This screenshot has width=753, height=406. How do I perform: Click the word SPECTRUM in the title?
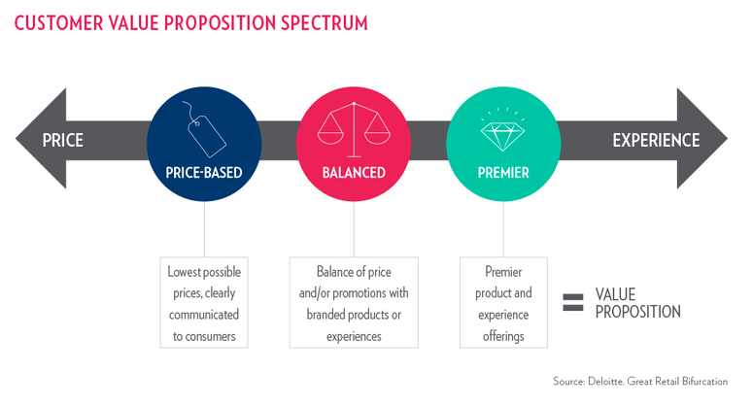[325, 23]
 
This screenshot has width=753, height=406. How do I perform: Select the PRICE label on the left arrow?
[63, 140]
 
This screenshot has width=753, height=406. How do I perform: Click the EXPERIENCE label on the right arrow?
[656, 140]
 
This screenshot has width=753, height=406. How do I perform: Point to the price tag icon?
[204, 129]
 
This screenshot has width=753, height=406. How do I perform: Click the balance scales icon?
[354, 129]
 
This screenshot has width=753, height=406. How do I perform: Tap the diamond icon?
[502, 129]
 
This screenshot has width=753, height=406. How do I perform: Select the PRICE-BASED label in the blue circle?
[204, 173]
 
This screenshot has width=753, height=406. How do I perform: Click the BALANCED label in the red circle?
[354, 173]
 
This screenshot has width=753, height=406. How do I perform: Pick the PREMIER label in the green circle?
[503, 173]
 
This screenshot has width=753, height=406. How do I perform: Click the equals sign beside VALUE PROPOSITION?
[573, 302]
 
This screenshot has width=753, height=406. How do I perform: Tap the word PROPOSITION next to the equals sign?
[638, 312]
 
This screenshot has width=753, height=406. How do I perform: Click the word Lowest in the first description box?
[184, 272]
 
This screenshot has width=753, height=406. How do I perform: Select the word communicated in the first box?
[204, 315]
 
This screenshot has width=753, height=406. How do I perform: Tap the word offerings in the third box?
[503, 336]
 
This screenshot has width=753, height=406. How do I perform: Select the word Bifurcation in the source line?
[704, 382]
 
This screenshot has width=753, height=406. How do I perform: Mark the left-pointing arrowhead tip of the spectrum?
[16, 139]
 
